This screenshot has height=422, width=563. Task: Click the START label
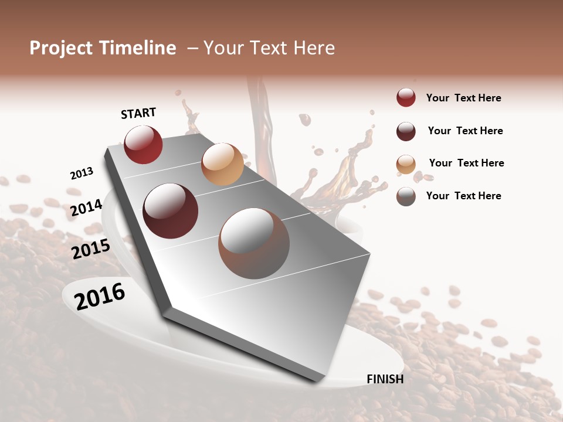138,113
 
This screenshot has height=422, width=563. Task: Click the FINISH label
385,379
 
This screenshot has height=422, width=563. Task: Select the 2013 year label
82,173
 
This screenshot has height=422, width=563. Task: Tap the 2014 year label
86,207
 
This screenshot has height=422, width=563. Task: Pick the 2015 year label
91,249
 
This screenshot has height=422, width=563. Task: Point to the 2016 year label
100,297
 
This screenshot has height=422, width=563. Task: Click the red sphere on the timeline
143,145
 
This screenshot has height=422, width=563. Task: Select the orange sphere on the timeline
222,164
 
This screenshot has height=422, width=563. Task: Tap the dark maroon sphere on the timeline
171,211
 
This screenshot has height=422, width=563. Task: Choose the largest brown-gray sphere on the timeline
254,243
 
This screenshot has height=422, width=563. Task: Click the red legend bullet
406,97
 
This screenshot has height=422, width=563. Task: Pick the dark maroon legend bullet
406,131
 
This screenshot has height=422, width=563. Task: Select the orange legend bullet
406,164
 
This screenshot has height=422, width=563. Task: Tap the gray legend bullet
406,196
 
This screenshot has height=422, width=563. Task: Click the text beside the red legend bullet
463,98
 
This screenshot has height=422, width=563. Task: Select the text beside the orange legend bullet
466,163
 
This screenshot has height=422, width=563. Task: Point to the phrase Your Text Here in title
269,48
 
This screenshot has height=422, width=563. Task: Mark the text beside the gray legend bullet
463,196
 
